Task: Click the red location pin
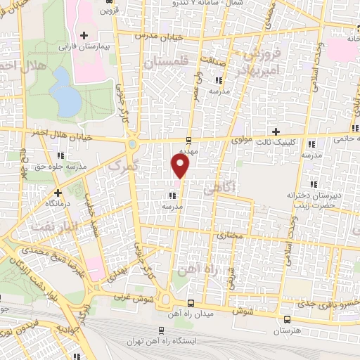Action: (x=181, y=166)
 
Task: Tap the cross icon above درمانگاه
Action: (x=58, y=192)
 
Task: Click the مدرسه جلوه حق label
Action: (x=61, y=166)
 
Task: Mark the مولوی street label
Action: (x=240, y=139)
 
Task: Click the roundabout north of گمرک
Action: (x=131, y=146)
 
